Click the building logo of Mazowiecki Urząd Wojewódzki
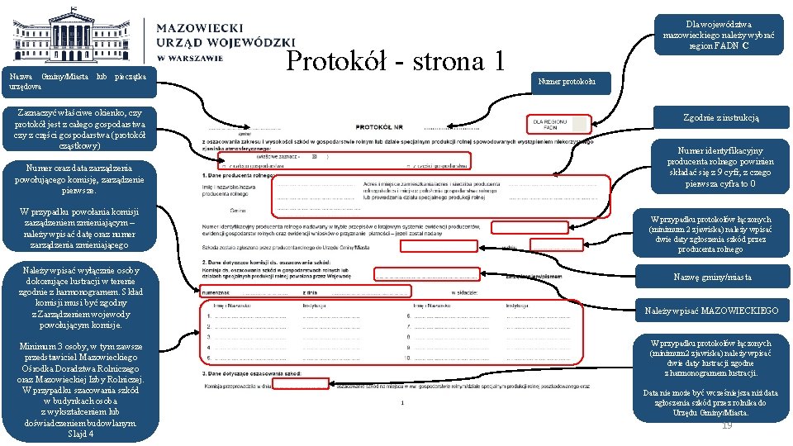78,37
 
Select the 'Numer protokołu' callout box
572,81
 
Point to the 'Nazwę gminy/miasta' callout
711,277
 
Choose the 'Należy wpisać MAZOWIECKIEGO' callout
711,311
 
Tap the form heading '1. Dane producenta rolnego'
240,175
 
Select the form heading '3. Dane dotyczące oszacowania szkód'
252,374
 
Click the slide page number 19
727,425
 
